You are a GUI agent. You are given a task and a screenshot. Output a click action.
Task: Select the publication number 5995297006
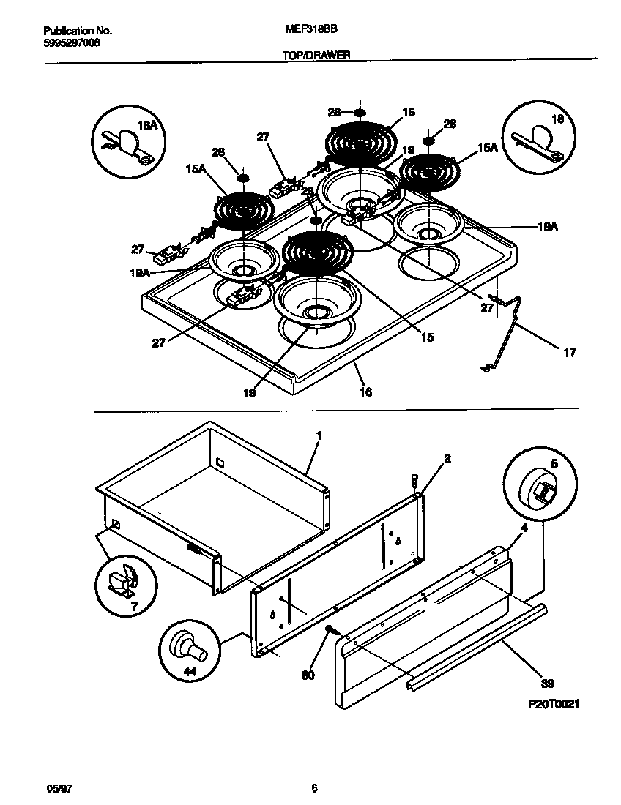(x=72, y=42)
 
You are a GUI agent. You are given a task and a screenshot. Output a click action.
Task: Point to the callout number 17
(x=569, y=353)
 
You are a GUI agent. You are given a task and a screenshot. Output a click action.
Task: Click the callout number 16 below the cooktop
(x=365, y=392)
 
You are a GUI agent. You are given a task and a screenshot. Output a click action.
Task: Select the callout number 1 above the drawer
(x=319, y=435)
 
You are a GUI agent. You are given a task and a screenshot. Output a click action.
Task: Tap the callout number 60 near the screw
(x=308, y=674)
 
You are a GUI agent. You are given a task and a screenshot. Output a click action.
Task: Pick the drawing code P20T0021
(x=554, y=703)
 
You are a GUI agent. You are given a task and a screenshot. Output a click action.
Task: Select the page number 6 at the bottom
(x=313, y=788)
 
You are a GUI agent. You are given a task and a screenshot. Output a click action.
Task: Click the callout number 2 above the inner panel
(x=447, y=459)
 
